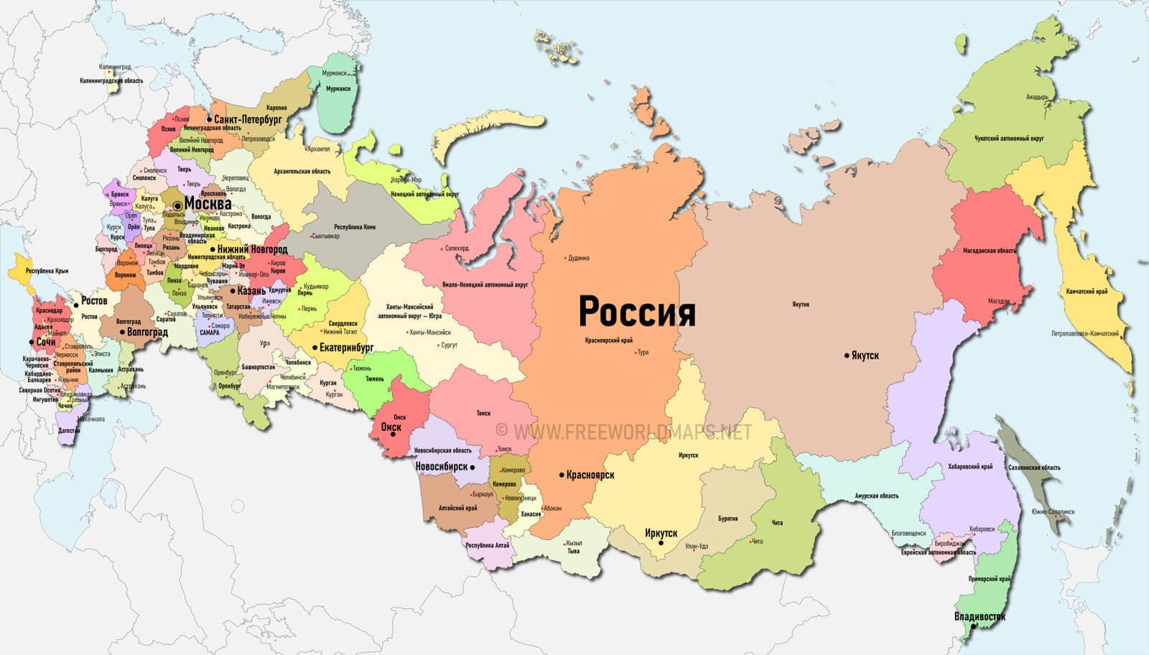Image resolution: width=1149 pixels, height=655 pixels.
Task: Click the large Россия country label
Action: pos(637,312)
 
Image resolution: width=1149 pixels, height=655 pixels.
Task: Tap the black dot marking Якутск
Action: pos(847,355)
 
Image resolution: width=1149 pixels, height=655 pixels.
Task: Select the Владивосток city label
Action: pos(980,616)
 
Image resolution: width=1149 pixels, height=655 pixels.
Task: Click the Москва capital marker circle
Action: pos(177,205)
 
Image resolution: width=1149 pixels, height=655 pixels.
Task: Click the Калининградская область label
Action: pos(111,81)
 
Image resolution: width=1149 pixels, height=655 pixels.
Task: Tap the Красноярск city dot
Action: pos(562,475)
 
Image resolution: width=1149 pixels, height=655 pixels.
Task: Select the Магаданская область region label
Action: pos(990,251)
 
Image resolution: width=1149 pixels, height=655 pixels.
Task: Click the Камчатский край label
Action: pos(1087,292)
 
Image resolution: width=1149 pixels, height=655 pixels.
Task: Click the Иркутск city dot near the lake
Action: pos(661,544)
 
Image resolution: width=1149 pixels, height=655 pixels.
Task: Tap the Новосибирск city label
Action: pos(442,467)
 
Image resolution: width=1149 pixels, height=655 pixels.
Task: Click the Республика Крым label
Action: pos(47,271)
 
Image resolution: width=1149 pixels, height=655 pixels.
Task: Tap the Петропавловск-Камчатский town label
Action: pos(1084,333)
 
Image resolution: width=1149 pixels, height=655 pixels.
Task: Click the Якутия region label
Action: pos(801,305)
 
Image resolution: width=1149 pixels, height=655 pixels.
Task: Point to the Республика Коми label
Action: pos(355,227)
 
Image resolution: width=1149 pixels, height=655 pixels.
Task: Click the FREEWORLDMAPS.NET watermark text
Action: pos(632,431)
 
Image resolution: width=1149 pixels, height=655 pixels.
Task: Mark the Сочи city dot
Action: pos(31,343)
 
